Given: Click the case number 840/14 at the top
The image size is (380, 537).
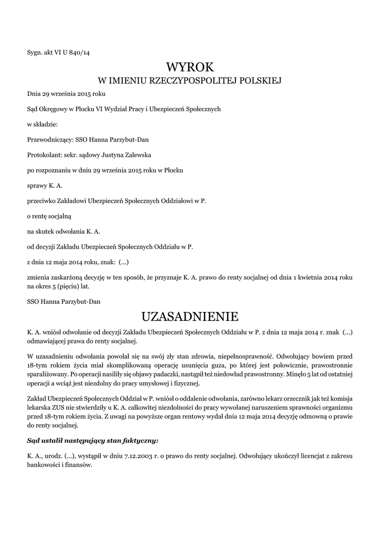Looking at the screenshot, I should click(83, 51).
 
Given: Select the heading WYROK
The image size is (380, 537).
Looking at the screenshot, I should click(190, 67).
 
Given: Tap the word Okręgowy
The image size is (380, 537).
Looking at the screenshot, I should click(58, 109).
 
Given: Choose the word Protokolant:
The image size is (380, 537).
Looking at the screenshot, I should click(44, 155).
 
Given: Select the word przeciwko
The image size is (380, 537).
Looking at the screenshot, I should click(42, 200).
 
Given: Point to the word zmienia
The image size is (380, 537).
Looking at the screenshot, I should click(39, 276).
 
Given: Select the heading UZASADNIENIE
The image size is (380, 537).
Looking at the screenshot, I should click(190, 316).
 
